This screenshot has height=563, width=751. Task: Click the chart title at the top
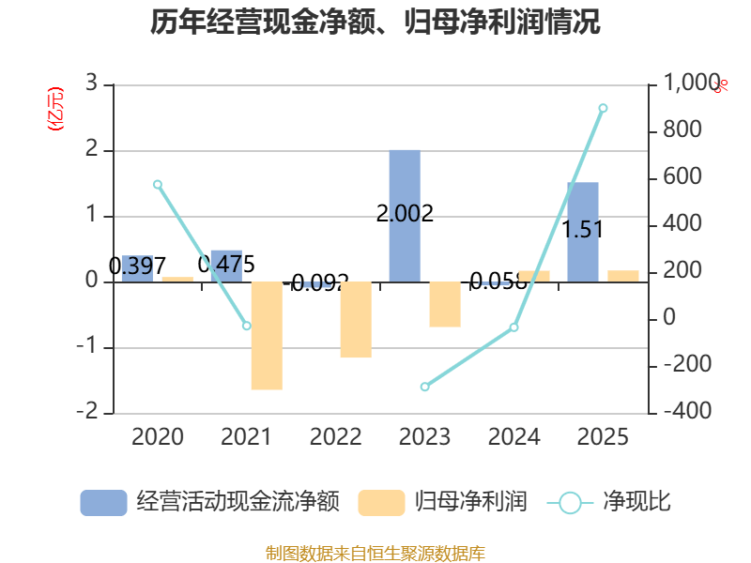point(375,23)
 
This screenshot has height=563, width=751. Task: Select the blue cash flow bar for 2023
point(405,216)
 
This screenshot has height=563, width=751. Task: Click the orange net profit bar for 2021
point(267,335)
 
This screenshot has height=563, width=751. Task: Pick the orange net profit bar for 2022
point(356,319)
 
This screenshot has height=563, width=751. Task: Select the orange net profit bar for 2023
point(445,304)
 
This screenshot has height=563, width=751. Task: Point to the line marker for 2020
point(158,184)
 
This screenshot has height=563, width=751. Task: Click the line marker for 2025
point(603,108)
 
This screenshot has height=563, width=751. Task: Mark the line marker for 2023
point(424,387)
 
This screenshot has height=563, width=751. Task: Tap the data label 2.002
point(405,214)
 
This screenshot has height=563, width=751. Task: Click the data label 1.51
point(582,230)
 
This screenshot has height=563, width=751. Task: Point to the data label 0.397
point(137,267)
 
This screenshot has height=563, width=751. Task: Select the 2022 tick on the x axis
point(335,437)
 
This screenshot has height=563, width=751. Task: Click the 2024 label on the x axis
point(513,437)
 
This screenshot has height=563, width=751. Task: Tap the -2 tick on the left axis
point(91,411)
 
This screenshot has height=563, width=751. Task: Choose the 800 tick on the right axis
point(682,130)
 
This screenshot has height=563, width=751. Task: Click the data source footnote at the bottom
point(375,553)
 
